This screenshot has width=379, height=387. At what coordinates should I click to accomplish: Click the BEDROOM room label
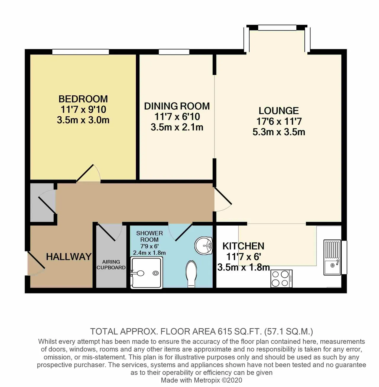pos(83,99)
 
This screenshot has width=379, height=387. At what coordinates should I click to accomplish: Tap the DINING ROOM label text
pos(177,106)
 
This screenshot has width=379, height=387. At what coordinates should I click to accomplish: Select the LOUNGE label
pos(279,111)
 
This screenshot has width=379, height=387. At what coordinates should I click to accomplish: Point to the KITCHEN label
pos(243,246)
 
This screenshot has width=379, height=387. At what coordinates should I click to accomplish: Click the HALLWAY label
pos(69,257)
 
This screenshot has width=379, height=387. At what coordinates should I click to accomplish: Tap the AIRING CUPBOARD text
pos(111,265)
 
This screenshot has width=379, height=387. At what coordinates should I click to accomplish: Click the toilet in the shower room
pos(191,274)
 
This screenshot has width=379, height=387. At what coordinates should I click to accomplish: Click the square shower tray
pos(146,273)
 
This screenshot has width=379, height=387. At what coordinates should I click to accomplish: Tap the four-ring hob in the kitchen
pos(281,278)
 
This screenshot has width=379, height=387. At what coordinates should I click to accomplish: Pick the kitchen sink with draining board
pos(332,257)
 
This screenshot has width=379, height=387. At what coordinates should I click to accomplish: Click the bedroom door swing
pos(88,174)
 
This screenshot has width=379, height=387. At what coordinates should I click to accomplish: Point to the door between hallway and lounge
pos(223,200)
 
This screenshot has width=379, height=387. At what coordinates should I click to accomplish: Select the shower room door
pos(180,232)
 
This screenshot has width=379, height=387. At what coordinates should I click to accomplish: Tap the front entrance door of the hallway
pos(36,264)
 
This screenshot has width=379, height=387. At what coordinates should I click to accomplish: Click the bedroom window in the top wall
pos(81,52)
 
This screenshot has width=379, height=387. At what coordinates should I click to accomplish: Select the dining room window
pos(174,52)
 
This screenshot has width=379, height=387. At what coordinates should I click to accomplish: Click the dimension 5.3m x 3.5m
pos(279,132)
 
